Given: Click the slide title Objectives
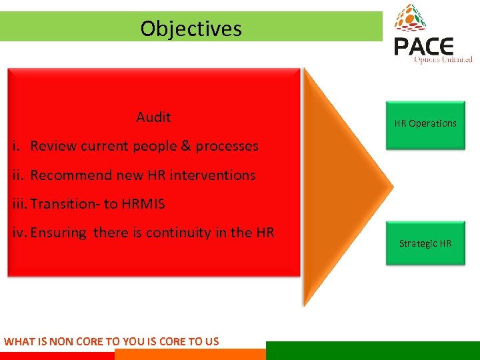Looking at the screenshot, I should (191, 29).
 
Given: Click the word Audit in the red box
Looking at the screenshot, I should (153, 117).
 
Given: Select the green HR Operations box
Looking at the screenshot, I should (425, 124).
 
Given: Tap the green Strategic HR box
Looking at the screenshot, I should (425, 243).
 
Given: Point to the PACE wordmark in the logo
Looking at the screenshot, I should (423, 47).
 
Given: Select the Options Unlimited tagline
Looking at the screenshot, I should (443, 60).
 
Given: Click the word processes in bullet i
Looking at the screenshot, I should (227, 146).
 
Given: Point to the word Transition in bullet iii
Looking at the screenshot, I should (59, 204).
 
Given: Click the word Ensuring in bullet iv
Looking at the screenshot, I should (59, 233).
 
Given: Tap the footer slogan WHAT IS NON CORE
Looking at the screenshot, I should (111, 341).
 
